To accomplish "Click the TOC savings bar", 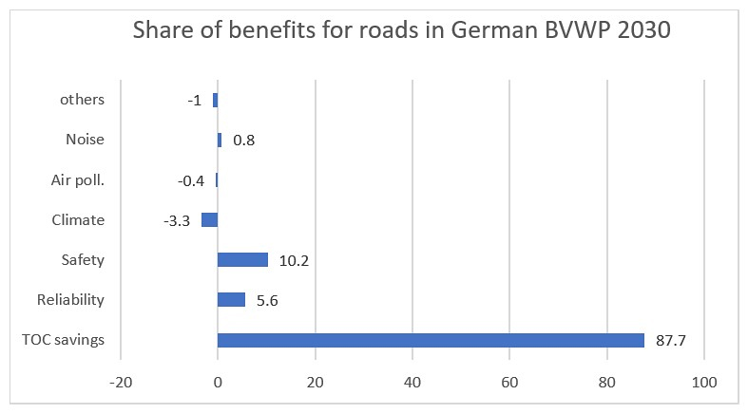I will pyautogui.click(x=431, y=340).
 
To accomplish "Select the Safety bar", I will pyautogui.click(x=242, y=260).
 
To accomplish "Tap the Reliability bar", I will pyautogui.click(x=231, y=300).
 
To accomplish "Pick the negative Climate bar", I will pyautogui.click(x=209, y=220).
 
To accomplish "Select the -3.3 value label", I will pyautogui.click(x=177, y=220).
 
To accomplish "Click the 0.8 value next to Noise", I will pyautogui.click(x=244, y=141).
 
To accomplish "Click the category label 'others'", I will pyautogui.click(x=82, y=100).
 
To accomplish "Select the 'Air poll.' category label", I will pyautogui.click(x=77, y=180).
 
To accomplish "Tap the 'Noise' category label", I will pyautogui.click(x=85, y=141).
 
